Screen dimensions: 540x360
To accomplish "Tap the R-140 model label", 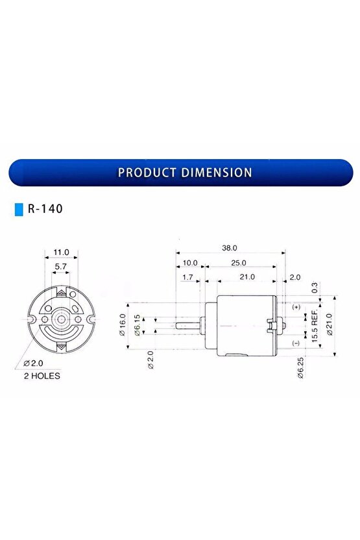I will pyautogui.click(x=45, y=210).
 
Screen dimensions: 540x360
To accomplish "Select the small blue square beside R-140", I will pyautogui.click(x=19, y=210).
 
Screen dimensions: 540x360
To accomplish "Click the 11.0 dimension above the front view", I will pyautogui.click(x=60, y=251).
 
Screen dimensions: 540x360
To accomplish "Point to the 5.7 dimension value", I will pyautogui.click(x=60, y=266).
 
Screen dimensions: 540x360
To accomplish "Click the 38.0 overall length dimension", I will pyautogui.click(x=230, y=248).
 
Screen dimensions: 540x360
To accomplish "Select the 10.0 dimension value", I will pyautogui.click(x=191, y=263).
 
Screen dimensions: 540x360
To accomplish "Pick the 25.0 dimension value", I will pyautogui.click(x=239, y=263).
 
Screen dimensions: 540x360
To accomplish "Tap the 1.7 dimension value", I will pyautogui.click(x=188, y=277).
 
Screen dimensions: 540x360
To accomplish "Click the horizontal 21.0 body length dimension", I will pyautogui.click(x=246, y=277).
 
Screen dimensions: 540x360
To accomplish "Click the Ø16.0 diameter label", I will pyautogui.click(x=122, y=324).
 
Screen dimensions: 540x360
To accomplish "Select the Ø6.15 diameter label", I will pyautogui.click(x=137, y=324).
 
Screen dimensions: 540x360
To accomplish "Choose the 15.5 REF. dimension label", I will pyautogui.click(x=314, y=324).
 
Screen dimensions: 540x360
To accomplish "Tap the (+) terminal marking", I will pyautogui.click(x=296, y=306).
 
